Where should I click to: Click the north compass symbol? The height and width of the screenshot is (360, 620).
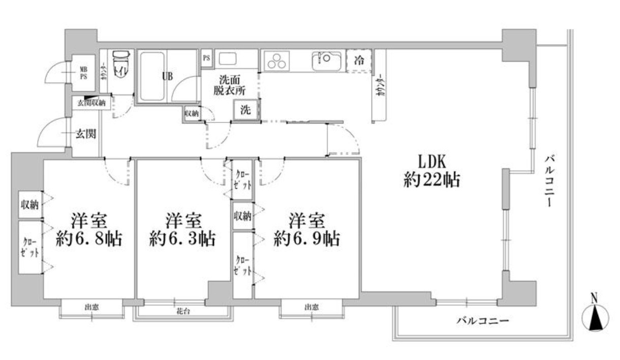coord(595,317)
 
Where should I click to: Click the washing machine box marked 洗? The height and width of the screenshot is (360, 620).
coord(245,110)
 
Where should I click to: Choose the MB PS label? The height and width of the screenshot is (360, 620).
coord(82,73)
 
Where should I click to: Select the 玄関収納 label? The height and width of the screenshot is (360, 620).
coord(91,103)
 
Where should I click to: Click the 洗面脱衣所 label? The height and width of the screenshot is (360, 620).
coord(232,85)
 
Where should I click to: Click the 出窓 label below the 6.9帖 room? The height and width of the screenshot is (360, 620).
coord(312,307)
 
